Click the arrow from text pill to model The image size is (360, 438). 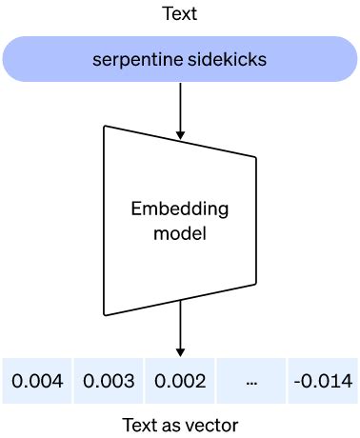[x=180, y=100]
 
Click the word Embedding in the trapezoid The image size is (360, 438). [x=180, y=208]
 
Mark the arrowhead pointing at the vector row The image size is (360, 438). [x=180, y=350]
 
